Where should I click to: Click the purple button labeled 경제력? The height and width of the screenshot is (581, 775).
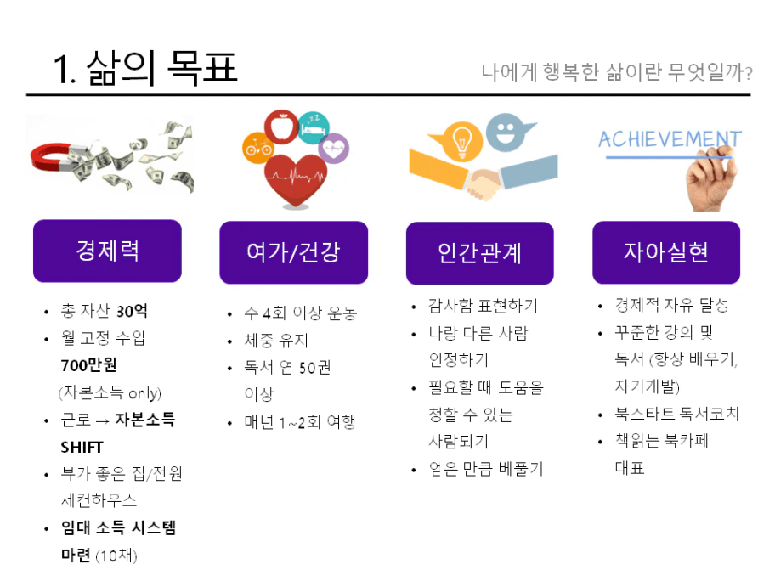[107, 251]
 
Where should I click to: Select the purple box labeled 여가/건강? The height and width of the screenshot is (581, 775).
[293, 252]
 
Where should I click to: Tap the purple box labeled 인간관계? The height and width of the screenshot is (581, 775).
[480, 253]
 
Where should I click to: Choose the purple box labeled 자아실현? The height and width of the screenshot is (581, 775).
[666, 252]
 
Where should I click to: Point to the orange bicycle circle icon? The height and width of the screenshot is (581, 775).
[258, 147]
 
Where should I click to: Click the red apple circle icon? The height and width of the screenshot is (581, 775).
[281, 127]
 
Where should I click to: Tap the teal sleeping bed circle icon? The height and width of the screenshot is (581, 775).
[314, 128]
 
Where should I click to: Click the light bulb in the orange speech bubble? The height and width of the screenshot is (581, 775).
[461, 141]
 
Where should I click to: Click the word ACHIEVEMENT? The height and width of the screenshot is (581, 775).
[670, 139]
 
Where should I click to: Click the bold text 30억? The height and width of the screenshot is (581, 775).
[132, 311]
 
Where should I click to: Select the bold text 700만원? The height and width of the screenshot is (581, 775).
[89, 365]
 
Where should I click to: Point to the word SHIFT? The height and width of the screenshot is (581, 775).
[82, 447]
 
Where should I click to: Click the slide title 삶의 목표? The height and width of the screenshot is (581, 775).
[161, 68]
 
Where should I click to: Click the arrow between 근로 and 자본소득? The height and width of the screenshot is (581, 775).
[103, 421]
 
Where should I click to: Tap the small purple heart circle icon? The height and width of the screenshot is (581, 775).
[334, 148]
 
